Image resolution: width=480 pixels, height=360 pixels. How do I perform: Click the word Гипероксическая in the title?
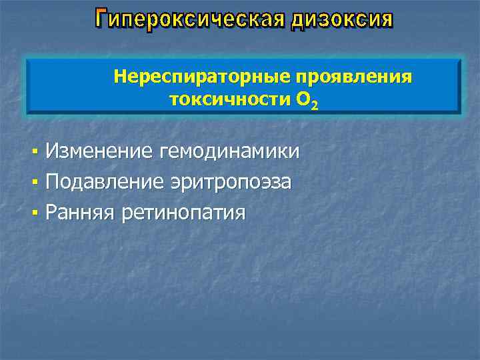point(191,20)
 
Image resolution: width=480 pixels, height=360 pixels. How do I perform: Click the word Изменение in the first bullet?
point(99,152)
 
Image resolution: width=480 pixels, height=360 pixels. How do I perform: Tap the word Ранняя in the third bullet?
point(81,213)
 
